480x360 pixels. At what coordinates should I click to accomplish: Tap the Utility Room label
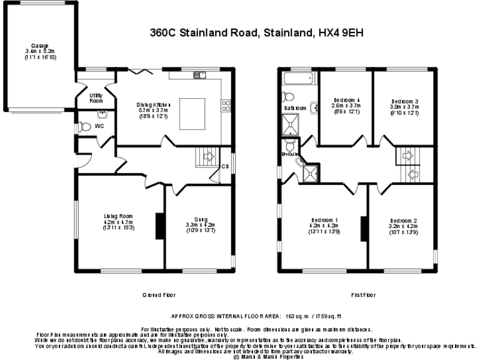[96, 98]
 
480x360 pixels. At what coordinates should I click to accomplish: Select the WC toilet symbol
[86, 126]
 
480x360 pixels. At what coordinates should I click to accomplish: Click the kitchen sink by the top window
[199, 76]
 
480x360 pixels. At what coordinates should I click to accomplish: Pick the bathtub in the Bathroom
[298, 79]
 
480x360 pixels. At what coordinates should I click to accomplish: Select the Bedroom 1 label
[324, 226]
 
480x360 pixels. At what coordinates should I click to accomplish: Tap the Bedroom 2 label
[403, 226]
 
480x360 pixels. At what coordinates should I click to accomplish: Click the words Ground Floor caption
[159, 294]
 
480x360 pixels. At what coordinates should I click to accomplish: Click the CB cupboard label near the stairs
[226, 166]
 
